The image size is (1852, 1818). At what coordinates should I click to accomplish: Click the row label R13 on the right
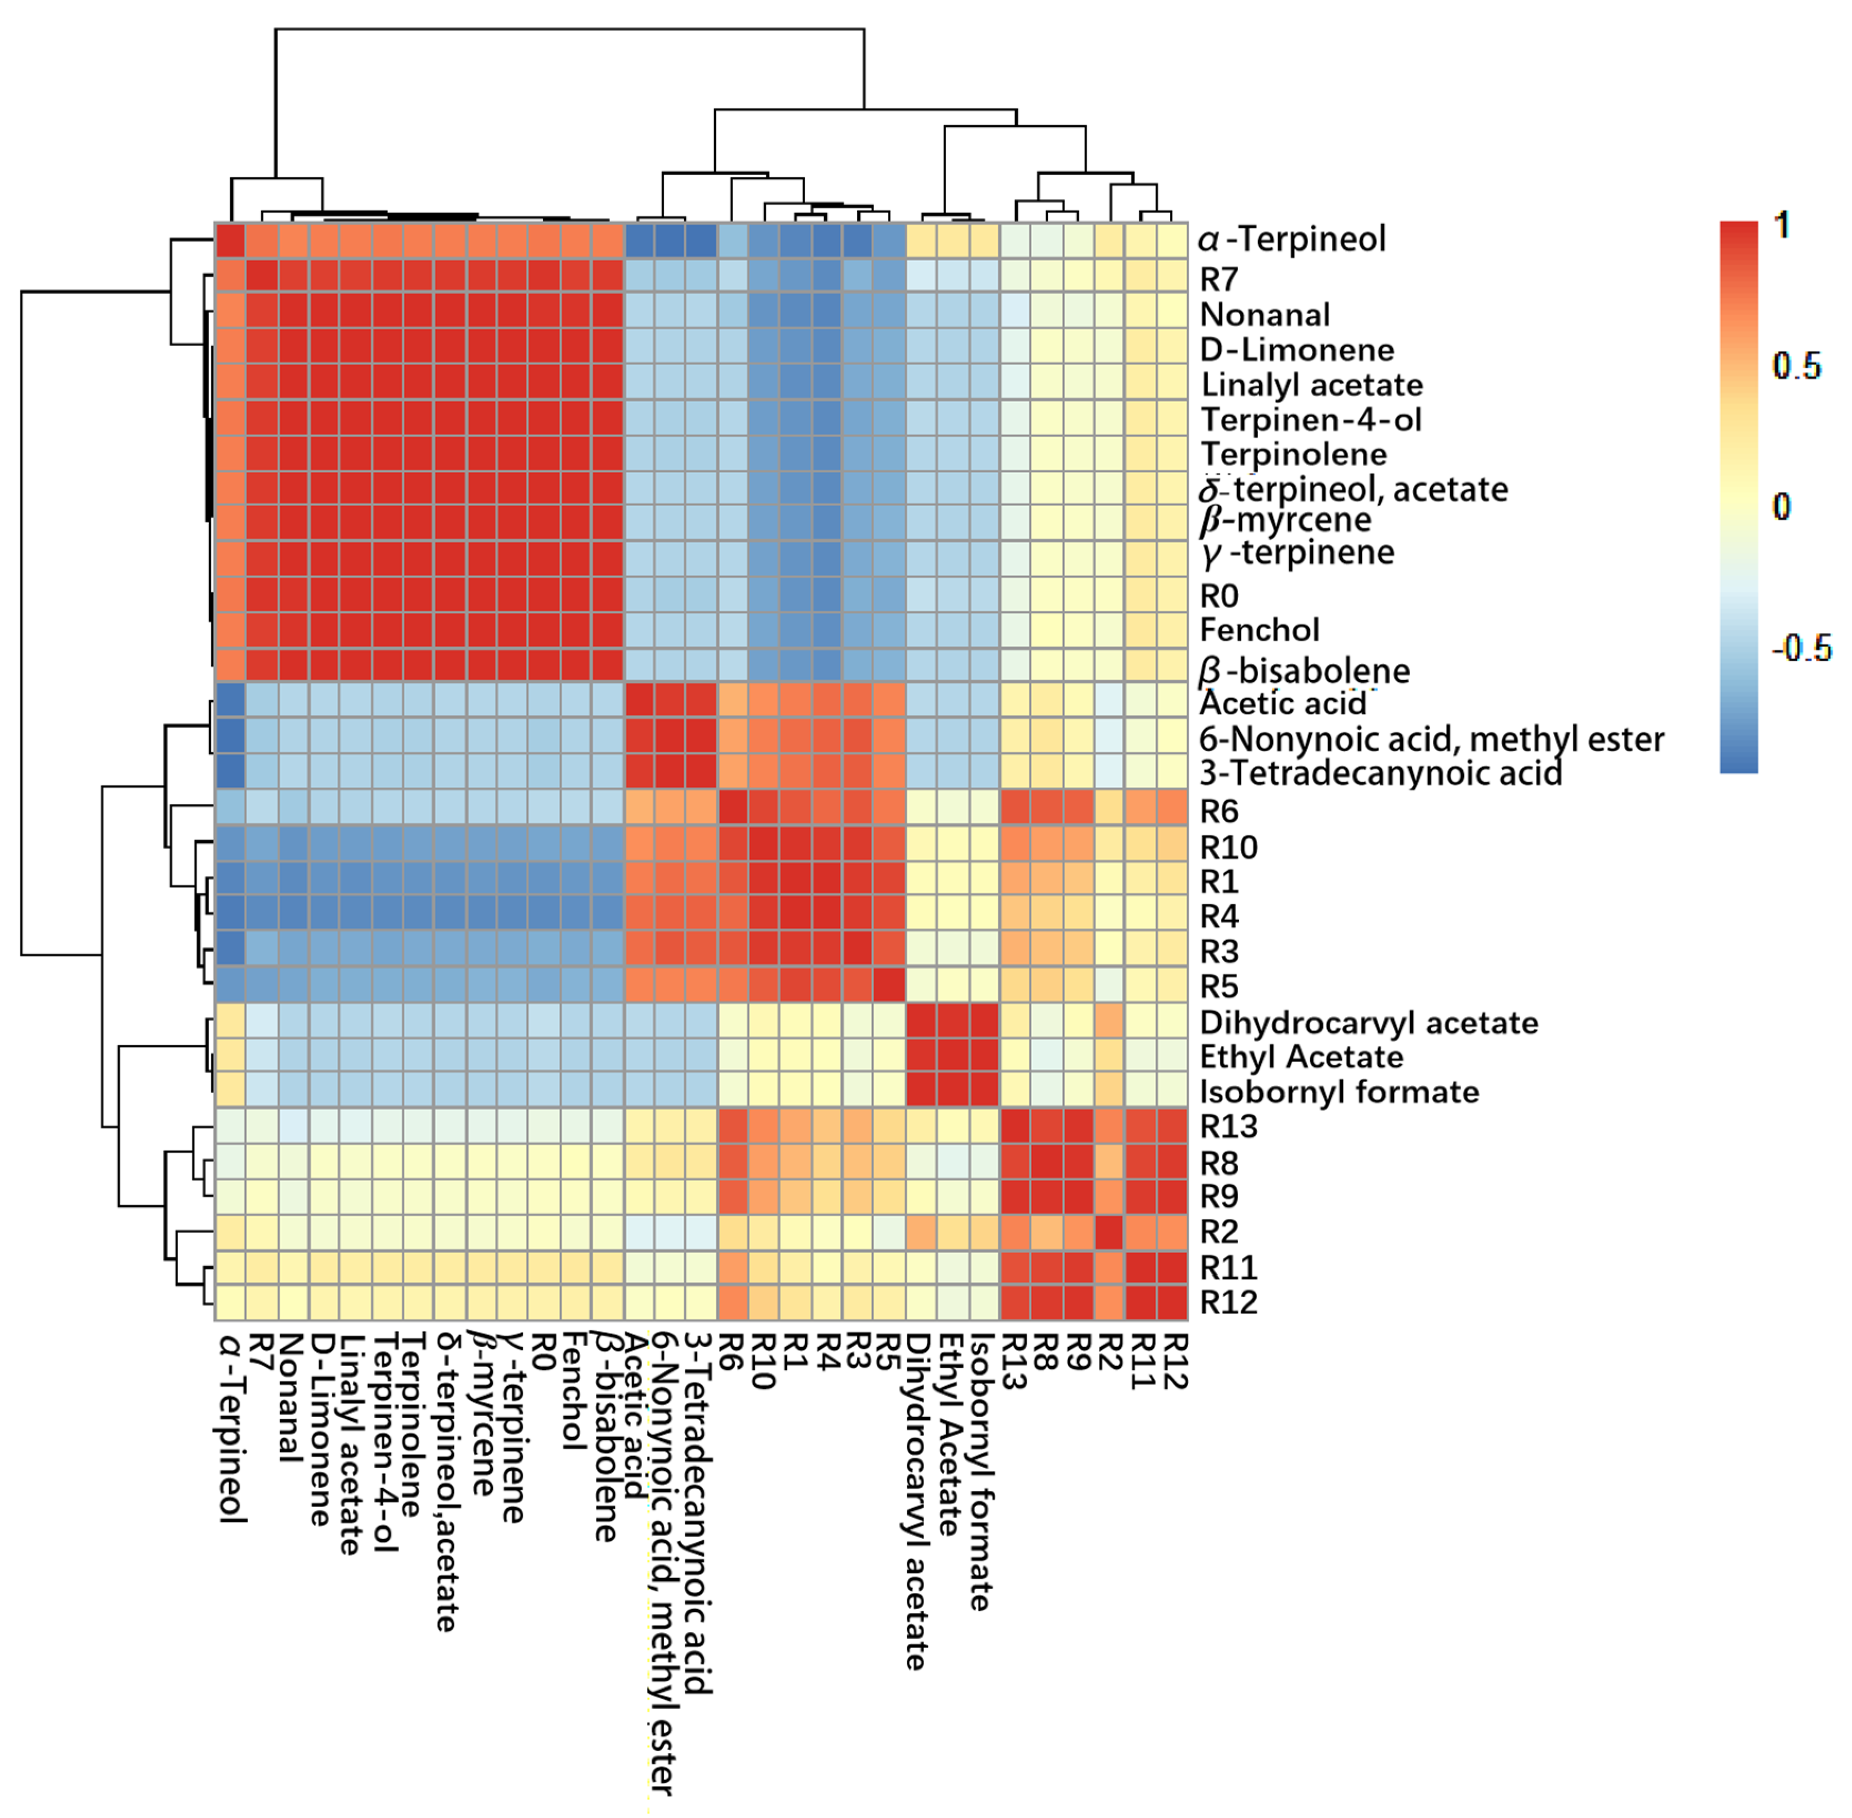[1229, 1127]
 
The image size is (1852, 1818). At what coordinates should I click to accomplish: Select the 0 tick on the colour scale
[1781, 507]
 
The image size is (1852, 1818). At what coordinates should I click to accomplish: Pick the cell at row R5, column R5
[889, 985]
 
